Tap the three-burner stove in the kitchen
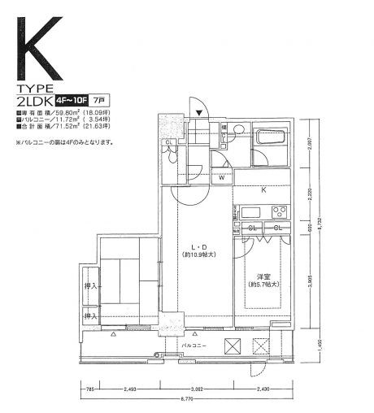277,212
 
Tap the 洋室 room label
263,275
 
